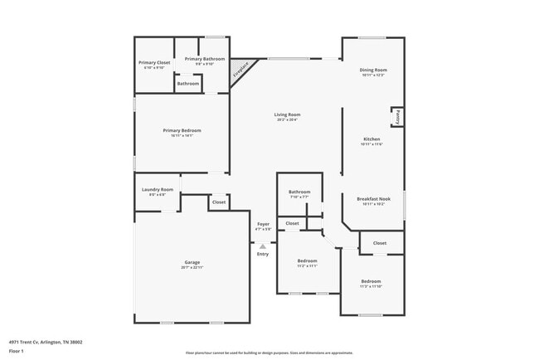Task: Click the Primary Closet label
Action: (x=153, y=62)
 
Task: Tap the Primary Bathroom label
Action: (x=205, y=59)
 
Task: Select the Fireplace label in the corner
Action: (x=240, y=72)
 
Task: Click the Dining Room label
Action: (x=373, y=70)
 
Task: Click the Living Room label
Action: (x=288, y=114)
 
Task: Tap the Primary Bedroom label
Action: (x=182, y=130)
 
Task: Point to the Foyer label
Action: (x=263, y=224)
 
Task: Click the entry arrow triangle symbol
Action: (x=263, y=246)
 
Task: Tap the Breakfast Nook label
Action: (x=373, y=199)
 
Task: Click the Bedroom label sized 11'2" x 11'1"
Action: (x=307, y=260)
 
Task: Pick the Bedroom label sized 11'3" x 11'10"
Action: (x=371, y=281)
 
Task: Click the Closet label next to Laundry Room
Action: (x=219, y=202)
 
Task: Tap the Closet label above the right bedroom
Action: (x=380, y=243)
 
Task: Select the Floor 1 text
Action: (x=17, y=352)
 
